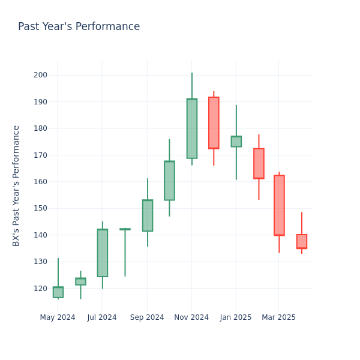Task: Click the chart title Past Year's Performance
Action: (x=79, y=27)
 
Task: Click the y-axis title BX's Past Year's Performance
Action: (x=17, y=185)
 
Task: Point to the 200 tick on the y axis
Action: (x=41, y=75)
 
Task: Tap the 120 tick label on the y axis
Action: (x=41, y=288)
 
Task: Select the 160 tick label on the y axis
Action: (x=41, y=182)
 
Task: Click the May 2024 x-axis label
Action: (x=58, y=317)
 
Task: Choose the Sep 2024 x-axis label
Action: (x=147, y=317)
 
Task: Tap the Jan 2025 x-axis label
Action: (x=236, y=317)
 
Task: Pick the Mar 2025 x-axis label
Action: (x=278, y=317)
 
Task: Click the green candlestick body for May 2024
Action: (x=58, y=292)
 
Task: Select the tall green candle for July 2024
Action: (x=103, y=253)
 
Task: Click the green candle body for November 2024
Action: (x=192, y=128)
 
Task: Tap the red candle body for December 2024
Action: (x=214, y=123)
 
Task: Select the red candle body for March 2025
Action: (x=279, y=205)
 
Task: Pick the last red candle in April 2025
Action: (x=302, y=241)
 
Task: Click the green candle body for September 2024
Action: (x=148, y=215)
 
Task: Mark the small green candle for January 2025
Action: (x=236, y=142)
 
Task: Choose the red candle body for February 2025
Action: (x=259, y=163)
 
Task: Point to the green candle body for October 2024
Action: (x=169, y=181)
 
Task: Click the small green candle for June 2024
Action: (x=80, y=281)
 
